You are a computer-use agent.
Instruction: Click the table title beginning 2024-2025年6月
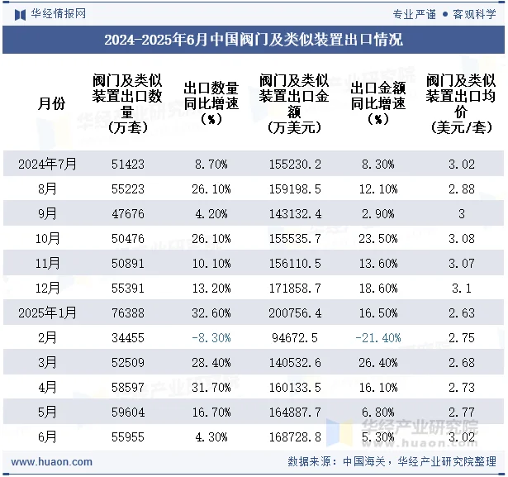click(x=254, y=40)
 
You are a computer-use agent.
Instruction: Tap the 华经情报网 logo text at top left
click(x=57, y=13)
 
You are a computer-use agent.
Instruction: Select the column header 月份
click(x=51, y=104)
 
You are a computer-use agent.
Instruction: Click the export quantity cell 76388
click(x=128, y=313)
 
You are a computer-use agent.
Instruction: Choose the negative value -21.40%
click(x=377, y=338)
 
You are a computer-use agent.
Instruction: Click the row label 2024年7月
click(x=47, y=165)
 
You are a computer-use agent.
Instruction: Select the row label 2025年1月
click(x=47, y=313)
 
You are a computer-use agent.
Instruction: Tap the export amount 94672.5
click(x=295, y=338)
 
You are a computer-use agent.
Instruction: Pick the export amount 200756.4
click(x=295, y=313)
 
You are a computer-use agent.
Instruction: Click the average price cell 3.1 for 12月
click(x=462, y=289)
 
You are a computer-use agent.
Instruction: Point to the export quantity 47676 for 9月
click(x=128, y=214)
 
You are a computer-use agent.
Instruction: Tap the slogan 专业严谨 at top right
click(x=414, y=13)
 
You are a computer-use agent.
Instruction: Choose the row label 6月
click(x=47, y=437)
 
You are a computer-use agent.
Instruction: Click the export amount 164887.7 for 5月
click(x=295, y=413)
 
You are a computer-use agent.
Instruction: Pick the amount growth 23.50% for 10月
click(x=377, y=239)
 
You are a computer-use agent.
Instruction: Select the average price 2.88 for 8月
click(x=462, y=189)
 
